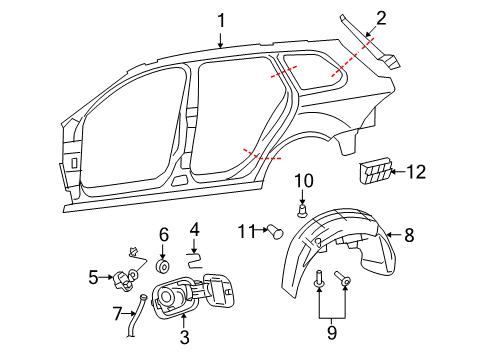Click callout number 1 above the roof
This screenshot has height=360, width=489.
click(x=221, y=21)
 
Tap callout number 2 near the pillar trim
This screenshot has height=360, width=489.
click(x=381, y=18)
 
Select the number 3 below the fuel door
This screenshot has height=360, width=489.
click(x=184, y=337)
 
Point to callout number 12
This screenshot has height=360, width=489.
click(x=416, y=172)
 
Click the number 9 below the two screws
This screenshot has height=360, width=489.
click(x=332, y=332)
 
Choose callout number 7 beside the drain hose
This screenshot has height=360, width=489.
click(x=117, y=314)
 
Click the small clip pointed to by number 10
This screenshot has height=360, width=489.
click(x=302, y=211)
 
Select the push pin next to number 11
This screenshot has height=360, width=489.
click(x=275, y=232)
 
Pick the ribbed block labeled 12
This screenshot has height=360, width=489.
click(x=375, y=171)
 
